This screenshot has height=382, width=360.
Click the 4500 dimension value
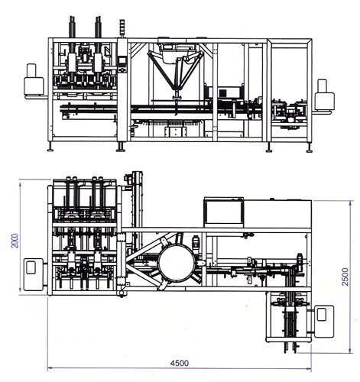click(x=180, y=363)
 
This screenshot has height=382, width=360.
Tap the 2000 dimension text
click(x=15, y=241)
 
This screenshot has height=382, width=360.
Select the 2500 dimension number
click(x=345, y=277)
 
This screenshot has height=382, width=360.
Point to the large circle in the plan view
click(x=177, y=263)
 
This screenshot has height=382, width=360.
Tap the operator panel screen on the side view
click(x=122, y=61)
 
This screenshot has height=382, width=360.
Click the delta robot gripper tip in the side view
click(x=177, y=97)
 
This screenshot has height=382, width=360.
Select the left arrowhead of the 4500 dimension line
click(x=50, y=367)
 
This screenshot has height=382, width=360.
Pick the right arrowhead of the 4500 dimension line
click(x=309, y=368)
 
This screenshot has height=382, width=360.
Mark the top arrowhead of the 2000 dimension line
click(x=20, y=182)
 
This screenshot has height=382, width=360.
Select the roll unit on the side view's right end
click(x=324, y=95)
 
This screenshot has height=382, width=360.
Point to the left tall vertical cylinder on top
click(x=73, y=38)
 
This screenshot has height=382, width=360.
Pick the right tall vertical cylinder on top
click(x=98, y=38)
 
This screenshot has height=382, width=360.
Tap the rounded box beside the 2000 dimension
click(x=34, y=274)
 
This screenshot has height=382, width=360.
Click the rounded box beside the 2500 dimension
click(x=324, y=322)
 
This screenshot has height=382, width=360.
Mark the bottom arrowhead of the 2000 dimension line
click(x=20, y=293)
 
